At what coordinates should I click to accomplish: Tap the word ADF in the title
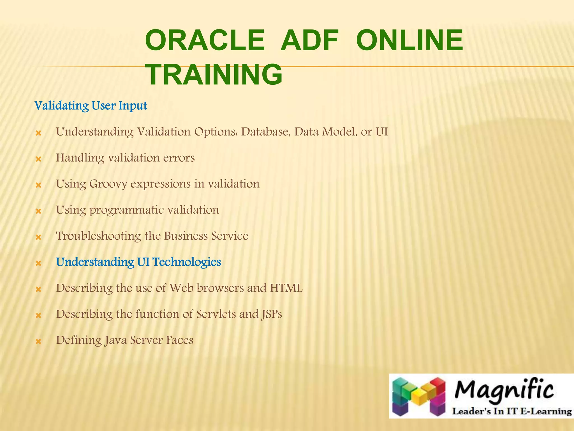tap(310, 41)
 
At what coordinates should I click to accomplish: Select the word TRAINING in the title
tap(214, 75)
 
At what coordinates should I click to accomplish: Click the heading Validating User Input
tap(91, 106)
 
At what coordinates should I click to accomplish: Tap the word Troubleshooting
tap(98, 236)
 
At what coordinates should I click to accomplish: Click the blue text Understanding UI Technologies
tap(138, 262)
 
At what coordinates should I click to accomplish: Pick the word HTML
tap(286, 288)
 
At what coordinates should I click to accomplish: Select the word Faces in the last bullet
tap(180, 340)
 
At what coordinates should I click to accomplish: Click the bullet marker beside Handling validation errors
tap(39, 159)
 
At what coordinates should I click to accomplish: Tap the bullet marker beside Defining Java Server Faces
tap(39, 342)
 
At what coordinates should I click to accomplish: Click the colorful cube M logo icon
tap(419, 396)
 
